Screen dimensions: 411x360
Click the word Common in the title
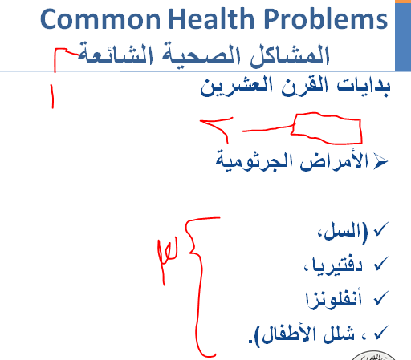point(100,19)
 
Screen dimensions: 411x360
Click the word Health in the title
point(211,18)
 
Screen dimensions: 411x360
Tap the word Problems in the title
point(326,18)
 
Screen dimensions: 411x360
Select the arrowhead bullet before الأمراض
point(380,161)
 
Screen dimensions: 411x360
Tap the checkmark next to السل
point(381,229)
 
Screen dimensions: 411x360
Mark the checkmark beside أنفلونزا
point(381,297)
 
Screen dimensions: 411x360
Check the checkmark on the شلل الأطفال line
point(381,332)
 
